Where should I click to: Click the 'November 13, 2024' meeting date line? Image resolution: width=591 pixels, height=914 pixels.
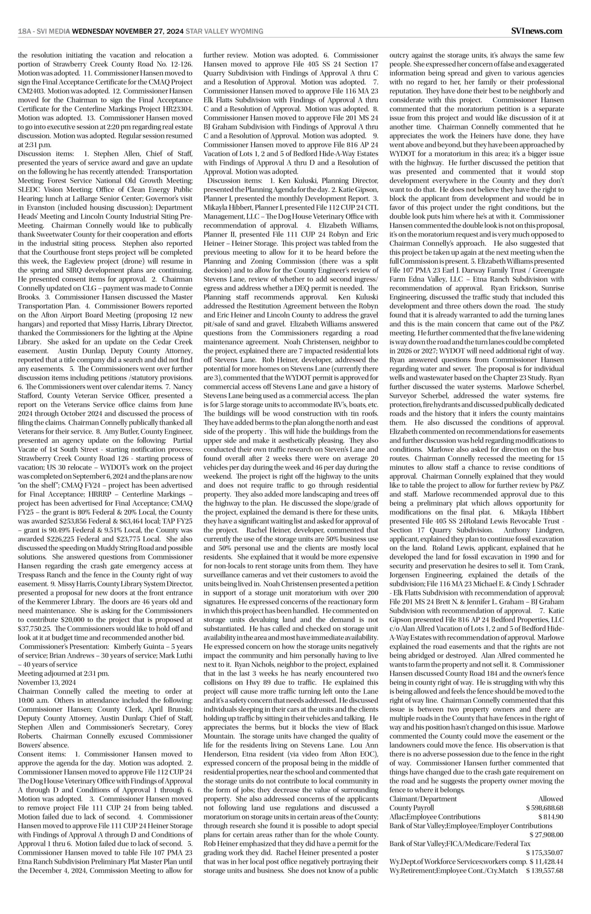[47, 682]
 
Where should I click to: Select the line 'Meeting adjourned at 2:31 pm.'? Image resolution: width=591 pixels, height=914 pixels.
[63, 673]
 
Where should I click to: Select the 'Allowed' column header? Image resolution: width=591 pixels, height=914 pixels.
[550, 798]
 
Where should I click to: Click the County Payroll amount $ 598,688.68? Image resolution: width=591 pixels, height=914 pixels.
[544, 807]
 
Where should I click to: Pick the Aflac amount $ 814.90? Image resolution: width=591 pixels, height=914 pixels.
[550, 816]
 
